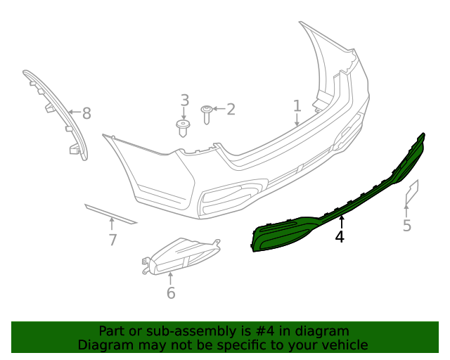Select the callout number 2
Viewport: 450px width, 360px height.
tap(231, 109)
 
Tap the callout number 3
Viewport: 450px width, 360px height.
tap(184, 100)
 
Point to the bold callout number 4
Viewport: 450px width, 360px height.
tap(340, 237)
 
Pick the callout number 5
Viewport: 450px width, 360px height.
tap(407, 226)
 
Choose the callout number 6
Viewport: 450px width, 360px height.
tap(171, 293)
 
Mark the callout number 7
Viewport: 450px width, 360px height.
tap(112, 240)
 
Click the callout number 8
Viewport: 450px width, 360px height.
tap(86, 112)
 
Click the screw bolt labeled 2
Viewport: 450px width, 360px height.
tap(207, 114)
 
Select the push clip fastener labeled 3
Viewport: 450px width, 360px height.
tap(184, 128)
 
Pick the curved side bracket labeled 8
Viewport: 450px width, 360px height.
tap(56, 112)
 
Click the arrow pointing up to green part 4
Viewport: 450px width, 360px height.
tap(341, 223)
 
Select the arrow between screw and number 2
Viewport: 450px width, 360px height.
tap(218, 109)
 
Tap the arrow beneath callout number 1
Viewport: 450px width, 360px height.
tap(297, 120)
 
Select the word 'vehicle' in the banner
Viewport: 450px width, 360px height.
tap(343, 345)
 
